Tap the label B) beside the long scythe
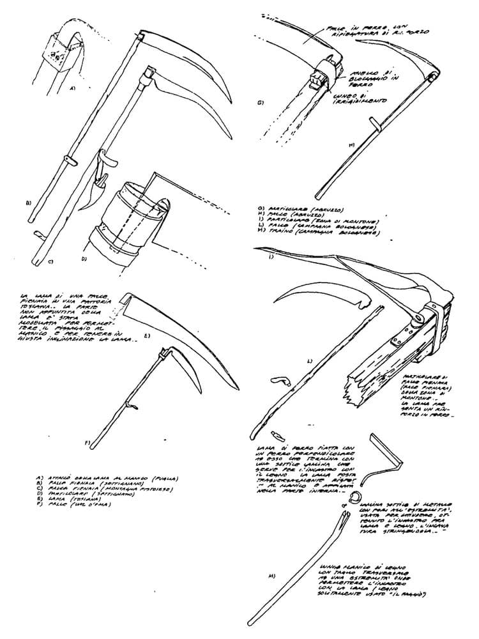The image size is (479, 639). pos(28,203)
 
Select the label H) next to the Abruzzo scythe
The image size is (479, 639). pos(353,144)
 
